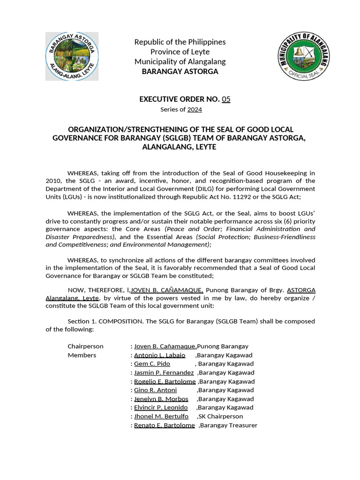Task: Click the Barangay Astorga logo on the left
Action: [72, 56]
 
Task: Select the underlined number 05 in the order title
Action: [226, 99]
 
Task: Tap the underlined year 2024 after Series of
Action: [195, 109]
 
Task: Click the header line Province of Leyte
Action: [180, 52]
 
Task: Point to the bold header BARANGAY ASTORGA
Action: [180, 72]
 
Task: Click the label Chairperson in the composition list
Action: [85, 346]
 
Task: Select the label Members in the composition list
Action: [82, 355]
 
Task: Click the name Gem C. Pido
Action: [152, 364]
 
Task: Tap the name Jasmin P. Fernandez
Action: [164, 373]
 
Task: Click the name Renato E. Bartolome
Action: [164, 425]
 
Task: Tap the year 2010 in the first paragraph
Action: [53, 180]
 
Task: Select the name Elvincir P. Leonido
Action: [161, 407]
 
